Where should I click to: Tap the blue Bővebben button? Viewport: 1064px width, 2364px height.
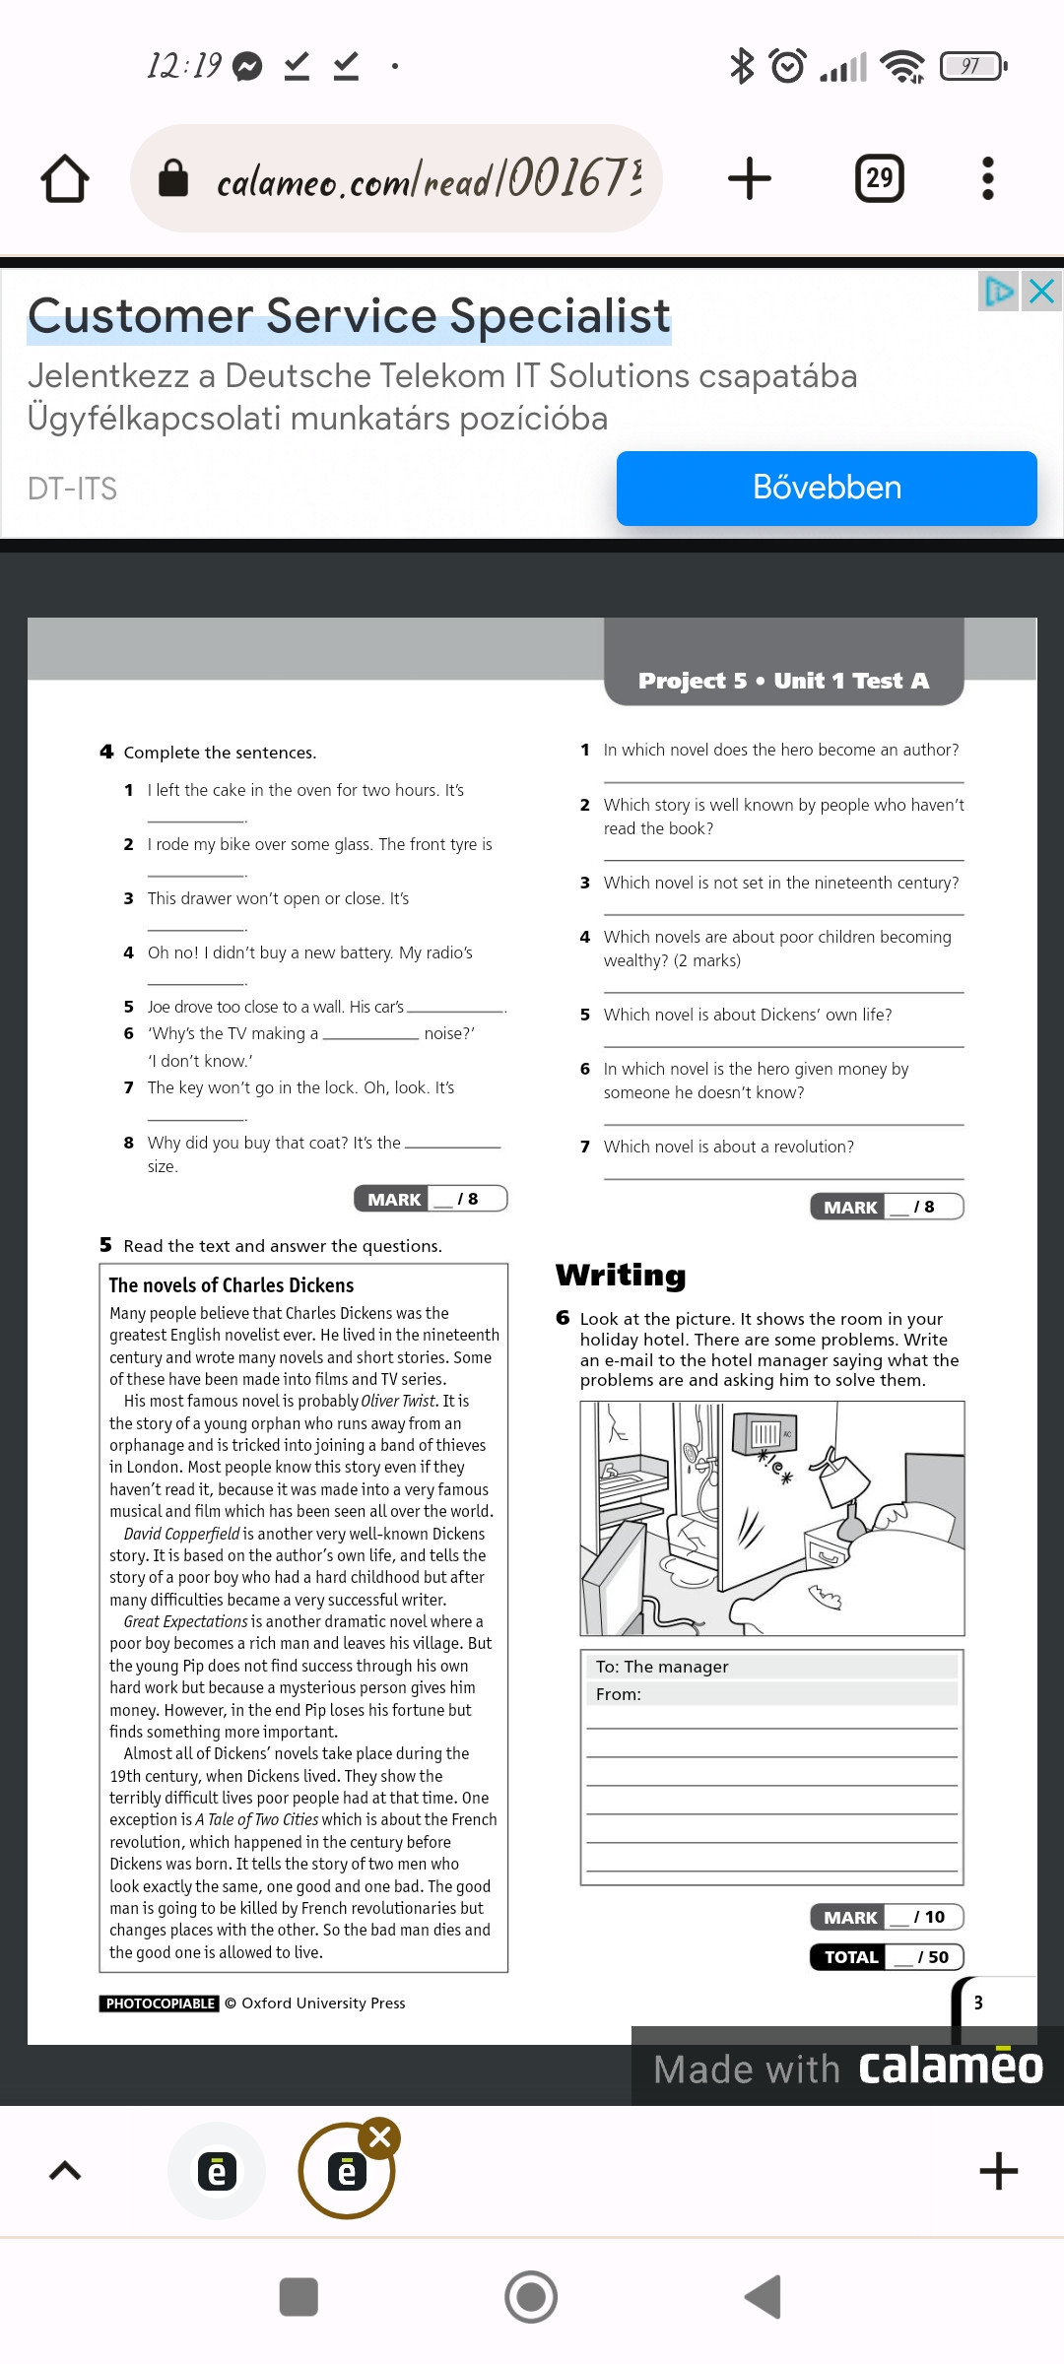pos(827,489)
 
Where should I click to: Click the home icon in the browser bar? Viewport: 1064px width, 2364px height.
pos(65,178)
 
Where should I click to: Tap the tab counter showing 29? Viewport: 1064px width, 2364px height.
pos(879,178)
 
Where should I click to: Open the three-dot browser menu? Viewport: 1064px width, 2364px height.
pos(988,178)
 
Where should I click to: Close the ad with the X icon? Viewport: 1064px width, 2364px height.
pos(1041,292)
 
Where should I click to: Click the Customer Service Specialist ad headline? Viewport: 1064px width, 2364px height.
pos(349,317)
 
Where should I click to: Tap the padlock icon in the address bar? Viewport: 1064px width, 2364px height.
pos(173,178)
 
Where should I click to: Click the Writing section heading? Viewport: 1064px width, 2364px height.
pos(621,1276)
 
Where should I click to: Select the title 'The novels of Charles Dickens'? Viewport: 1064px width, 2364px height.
pos(232,1285)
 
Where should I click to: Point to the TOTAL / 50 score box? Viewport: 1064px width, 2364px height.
pos(887,1957)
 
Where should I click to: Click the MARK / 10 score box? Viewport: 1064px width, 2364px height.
pos(887,1917)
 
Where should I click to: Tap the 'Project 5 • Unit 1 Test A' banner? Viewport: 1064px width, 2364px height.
pos(783,681)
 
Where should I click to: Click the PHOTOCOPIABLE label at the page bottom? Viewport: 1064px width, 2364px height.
pos(160,2003)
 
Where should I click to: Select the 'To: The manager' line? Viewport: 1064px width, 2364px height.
pos(662,1667)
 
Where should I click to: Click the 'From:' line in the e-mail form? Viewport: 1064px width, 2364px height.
pos(619,1694)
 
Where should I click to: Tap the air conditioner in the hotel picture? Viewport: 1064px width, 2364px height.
pos(764,1433)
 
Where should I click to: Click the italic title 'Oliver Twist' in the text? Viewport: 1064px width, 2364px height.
pos(398,1401)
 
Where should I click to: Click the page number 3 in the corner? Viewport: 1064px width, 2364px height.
pos(978,2003)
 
